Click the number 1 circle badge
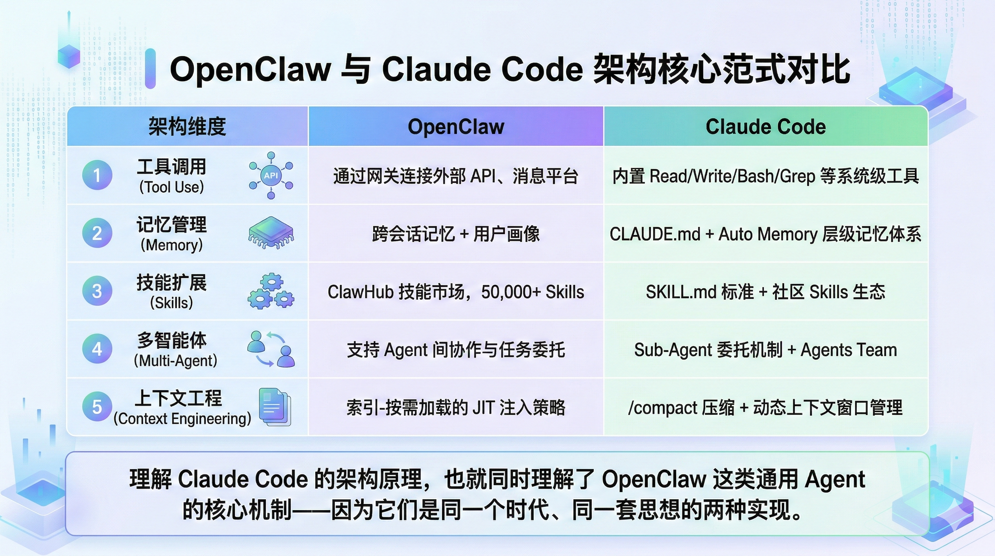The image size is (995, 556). coord(97,175)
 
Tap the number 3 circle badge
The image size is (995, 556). coord(97,291)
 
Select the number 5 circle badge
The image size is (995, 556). coord(97,407)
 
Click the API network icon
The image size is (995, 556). coord(271,175)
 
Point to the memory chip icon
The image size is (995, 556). coord(271,232)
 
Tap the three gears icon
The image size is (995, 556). coord(271,291)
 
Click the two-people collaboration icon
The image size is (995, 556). coord(271,348)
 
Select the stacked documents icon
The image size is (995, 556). coord(275,407)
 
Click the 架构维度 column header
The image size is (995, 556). coord(187,126)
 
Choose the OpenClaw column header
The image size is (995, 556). coord(456,126)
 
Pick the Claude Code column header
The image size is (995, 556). coord(765,126)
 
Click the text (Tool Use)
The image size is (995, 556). coord(171,187)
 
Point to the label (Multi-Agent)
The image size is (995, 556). coord(175,361)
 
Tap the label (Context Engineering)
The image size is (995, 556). coord(182,419)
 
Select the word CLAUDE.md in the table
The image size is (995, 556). coord(655,234)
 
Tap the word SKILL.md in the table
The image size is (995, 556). coord(680,292)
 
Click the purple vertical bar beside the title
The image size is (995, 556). coord(150,69)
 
